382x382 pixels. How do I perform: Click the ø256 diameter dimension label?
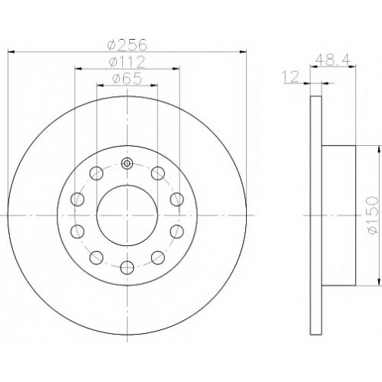[128, 44]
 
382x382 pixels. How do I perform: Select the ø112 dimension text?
[127, 62]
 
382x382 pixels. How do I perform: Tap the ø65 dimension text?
[127, 78]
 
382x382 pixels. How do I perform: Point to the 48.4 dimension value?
[333, 60]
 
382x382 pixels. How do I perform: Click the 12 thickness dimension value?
[290, 76]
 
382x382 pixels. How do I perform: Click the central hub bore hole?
[127, 215]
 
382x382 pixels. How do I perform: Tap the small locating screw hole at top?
[127, 163]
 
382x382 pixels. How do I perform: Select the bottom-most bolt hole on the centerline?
[127, 267]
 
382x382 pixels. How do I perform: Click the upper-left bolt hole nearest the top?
[96, 173]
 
